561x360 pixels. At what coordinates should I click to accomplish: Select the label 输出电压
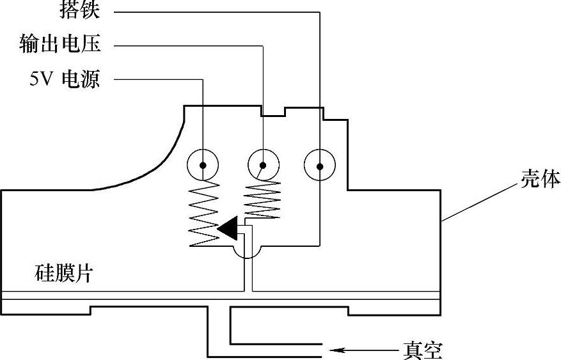61,45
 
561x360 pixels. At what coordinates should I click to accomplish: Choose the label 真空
423,350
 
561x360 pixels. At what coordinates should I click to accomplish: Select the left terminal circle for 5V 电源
203,165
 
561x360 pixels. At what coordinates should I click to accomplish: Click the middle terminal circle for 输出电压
263,165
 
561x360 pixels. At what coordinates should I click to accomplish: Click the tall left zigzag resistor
203,212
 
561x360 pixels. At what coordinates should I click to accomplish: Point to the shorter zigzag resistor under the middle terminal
262,199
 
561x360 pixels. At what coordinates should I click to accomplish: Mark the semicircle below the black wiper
246,250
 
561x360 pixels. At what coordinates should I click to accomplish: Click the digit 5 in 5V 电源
33,81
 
